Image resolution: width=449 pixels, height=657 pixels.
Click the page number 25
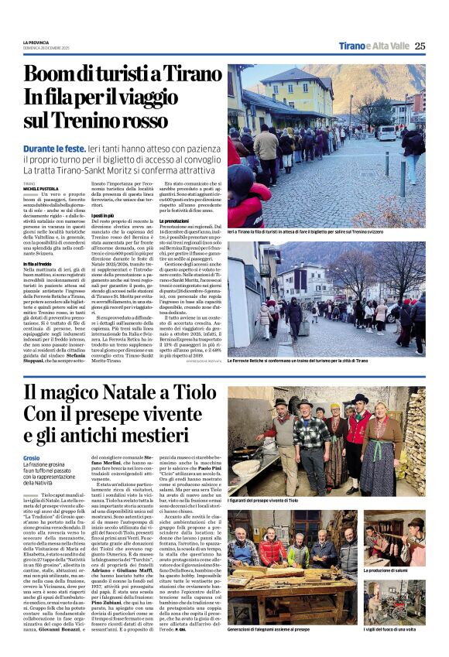coord(420,46)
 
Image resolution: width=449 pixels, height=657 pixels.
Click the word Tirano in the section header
coord(355,46)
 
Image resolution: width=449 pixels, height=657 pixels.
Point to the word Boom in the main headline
coord(54,74)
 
